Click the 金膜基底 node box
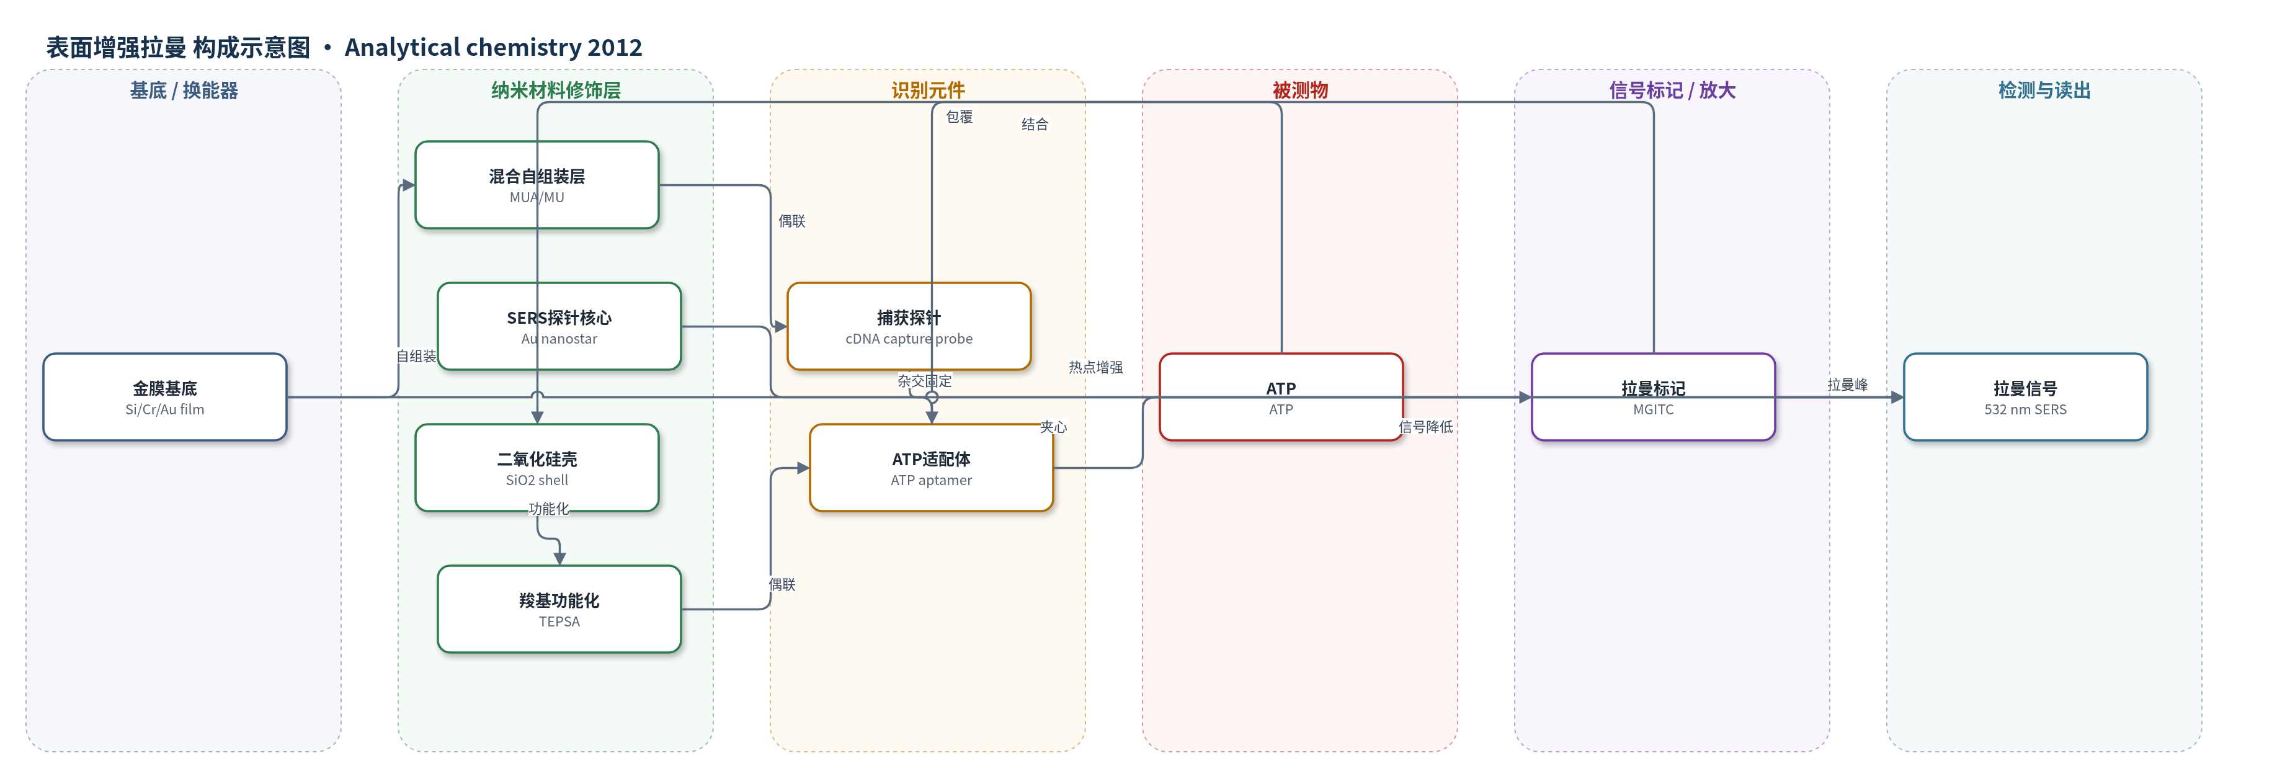(164, 397)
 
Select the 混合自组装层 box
(537, 185)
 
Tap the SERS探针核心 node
(559, 326)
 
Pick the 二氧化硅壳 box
(537, 468)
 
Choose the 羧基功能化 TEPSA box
(559, 608)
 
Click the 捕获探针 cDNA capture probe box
(909, 326)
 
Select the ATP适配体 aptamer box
(932, 468)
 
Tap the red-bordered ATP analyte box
(1281, 397)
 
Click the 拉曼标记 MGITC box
(1654, 397)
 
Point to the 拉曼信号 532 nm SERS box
(2025, 397)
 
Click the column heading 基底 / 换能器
(184, 91)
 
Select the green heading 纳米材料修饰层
(556, 91)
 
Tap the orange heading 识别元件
(928, 91)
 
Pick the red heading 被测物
(1299, 91)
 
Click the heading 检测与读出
(2044, 91)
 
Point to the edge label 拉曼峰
(1847, 385)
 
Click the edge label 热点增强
(1095, 367)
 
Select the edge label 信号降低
(1426, 427)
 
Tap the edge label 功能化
(548, 509)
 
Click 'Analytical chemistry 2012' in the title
(493, 47)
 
